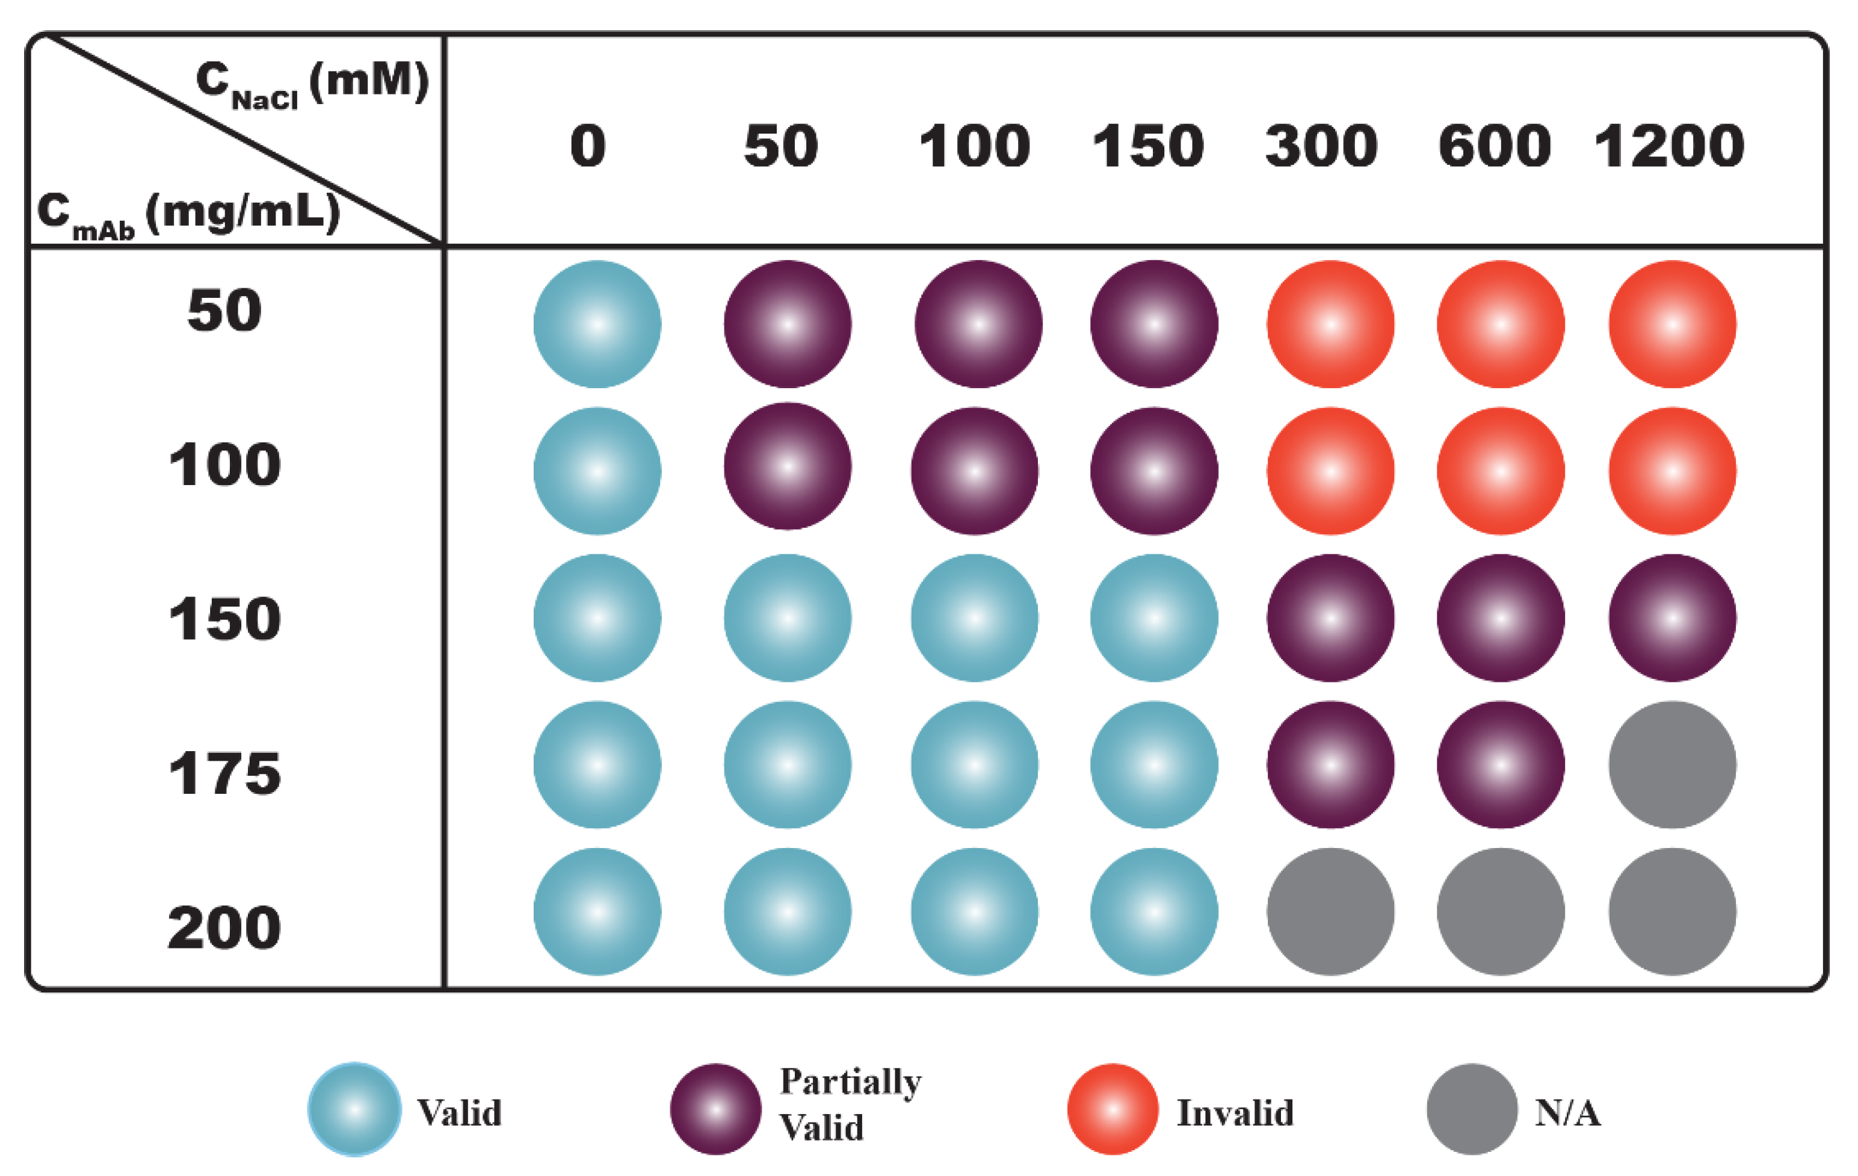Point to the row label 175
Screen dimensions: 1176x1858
pyautogui.click(x=224, y=773)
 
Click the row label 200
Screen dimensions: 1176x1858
pyautogui.click(x=224, y=927)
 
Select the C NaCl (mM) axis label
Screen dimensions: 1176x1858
pyautogui.click(x=312, y=83)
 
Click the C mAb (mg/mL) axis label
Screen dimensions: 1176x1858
pyautogui.click(x=189, y=214)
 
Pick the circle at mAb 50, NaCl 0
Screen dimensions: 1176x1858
pyautogui.click(x=597, y=324)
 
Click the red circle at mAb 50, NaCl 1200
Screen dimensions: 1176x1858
pyautogui.click(x=1673, y=324)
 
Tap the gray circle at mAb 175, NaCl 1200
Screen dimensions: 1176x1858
pyautogui.click(x=1673, y=765)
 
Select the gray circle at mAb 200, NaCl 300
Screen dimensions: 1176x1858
pyautogui.click(x=1331, y=911)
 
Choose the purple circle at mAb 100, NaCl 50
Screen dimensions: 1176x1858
pyautogui.click(x=788, y=466)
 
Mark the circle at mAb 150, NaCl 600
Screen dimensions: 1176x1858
pyautogui.click(x=1501, y=617)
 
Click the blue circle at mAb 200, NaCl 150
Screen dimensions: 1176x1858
pyautogui.click(x=1154, y=911)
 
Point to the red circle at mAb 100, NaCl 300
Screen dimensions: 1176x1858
pyautogui.click(x=1331, y=471)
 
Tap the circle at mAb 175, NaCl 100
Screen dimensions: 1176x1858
pyautogui.click(x=975, y=765)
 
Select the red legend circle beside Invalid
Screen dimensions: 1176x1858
pyautogui.click(x=1113, y=1109)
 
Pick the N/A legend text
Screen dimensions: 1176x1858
pyautogui.click(x=1568, y=1113)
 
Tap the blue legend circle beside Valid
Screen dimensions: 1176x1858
pyautogui.click(x=355, y=1109)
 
